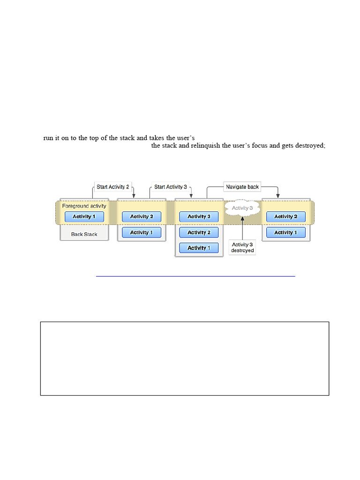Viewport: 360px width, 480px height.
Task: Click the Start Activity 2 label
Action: coord(113,187)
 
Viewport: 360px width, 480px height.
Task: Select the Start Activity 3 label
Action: coord(171,187)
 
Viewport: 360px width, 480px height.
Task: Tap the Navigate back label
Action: coord(242,187)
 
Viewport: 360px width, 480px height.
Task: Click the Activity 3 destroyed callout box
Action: coord(242,247)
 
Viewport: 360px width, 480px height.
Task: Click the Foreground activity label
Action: coord(84,206)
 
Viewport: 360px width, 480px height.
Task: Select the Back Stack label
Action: coord(84,234)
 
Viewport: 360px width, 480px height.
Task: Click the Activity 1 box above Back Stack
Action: coord(84,217)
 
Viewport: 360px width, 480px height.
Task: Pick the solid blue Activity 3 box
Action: coord(199,217)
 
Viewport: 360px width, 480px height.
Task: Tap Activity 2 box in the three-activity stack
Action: coord(199,232)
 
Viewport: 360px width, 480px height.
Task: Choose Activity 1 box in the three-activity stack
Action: coord(199,248)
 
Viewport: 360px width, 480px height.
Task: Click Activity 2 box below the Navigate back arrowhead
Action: coord(285,217)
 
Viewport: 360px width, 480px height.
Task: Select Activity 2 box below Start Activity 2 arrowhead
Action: coord(141,217)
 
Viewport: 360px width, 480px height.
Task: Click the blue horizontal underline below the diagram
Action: coord(195,277)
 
